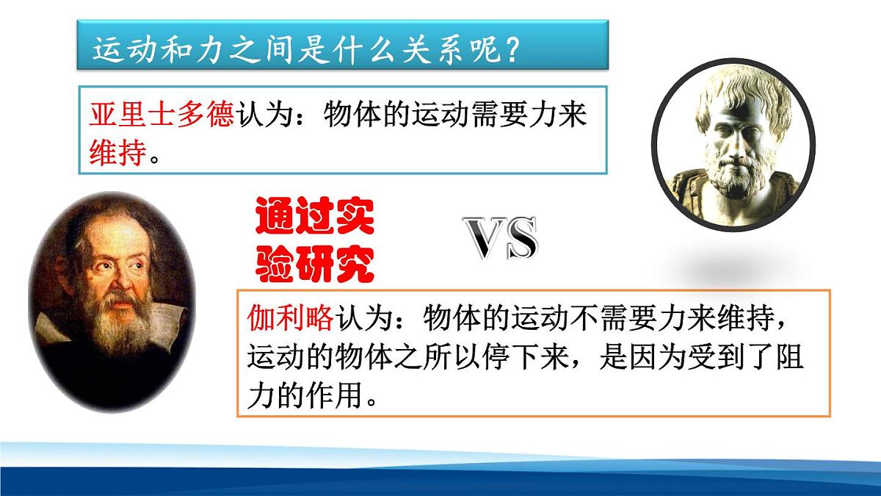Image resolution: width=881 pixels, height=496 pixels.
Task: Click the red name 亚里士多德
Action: (x=161, y=116)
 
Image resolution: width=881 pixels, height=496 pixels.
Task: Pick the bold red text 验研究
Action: (x=315, y=263)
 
